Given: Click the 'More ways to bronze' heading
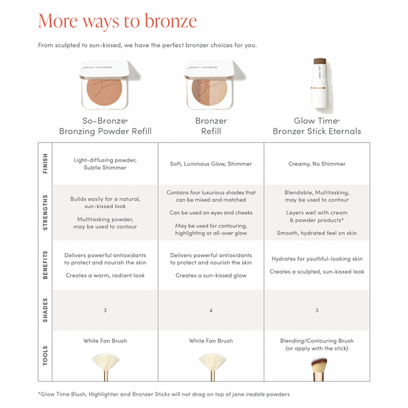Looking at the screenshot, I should click(118, 20).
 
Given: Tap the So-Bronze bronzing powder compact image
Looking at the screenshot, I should click(105, 86).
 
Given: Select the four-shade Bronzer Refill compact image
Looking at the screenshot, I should click(210, 86).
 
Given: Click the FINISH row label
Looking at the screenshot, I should click(45, 163).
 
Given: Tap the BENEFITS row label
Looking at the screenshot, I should click(45, 265).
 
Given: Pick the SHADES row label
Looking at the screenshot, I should click(45, 310).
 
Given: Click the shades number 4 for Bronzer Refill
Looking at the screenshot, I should click(211, 310).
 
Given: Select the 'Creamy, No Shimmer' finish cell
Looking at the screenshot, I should click(316, 164).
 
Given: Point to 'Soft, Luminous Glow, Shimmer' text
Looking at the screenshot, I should click(211, 164).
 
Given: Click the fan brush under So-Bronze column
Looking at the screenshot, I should click(105, 364).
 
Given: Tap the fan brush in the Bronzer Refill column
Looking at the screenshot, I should click(211, 364).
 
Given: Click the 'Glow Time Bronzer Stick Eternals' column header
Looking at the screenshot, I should click(316, 126).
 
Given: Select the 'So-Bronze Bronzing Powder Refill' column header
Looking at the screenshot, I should click(105, 126).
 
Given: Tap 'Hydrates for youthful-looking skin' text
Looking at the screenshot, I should click(316, 259).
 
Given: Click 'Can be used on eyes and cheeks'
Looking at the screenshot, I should click(211, 212).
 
